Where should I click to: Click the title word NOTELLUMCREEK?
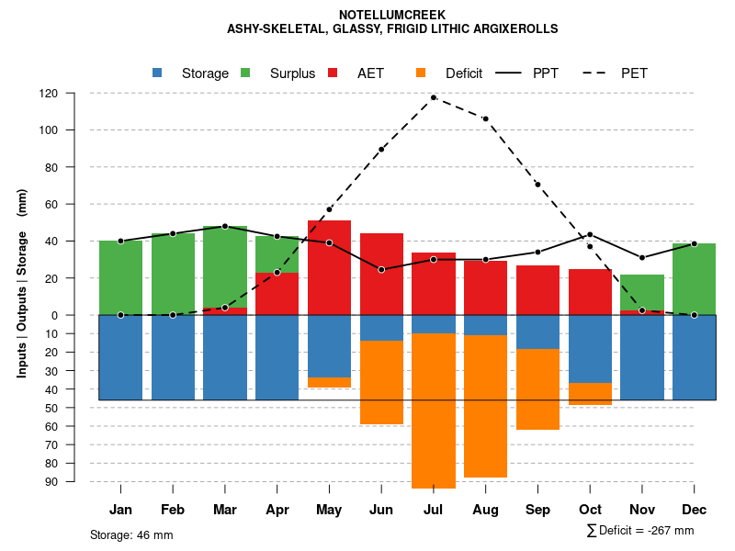tap(392, 15)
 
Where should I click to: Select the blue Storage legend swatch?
tap(157, 73)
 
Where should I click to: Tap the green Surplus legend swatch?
tap(245, 73)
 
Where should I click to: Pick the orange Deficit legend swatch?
tap(421, 73)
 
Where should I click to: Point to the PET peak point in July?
tap(434, 97)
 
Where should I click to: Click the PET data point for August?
tap(485, 118)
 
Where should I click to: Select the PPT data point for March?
tap(225, 226)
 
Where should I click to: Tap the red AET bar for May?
tap(329, 267)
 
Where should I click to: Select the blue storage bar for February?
tap(173, 357)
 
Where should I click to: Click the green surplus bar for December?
tap(694, 279)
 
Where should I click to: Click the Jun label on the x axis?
tap(381, 510)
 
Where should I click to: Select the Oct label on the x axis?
tap(590, 510)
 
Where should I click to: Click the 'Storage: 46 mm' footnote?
tap(131, 534)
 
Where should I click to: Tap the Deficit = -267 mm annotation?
tap(639, 530)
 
